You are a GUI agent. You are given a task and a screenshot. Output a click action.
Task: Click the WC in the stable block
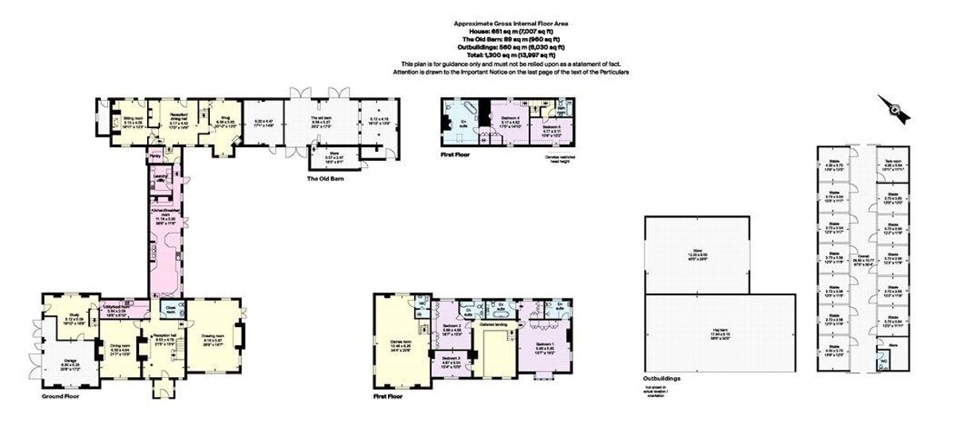(883, 360)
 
